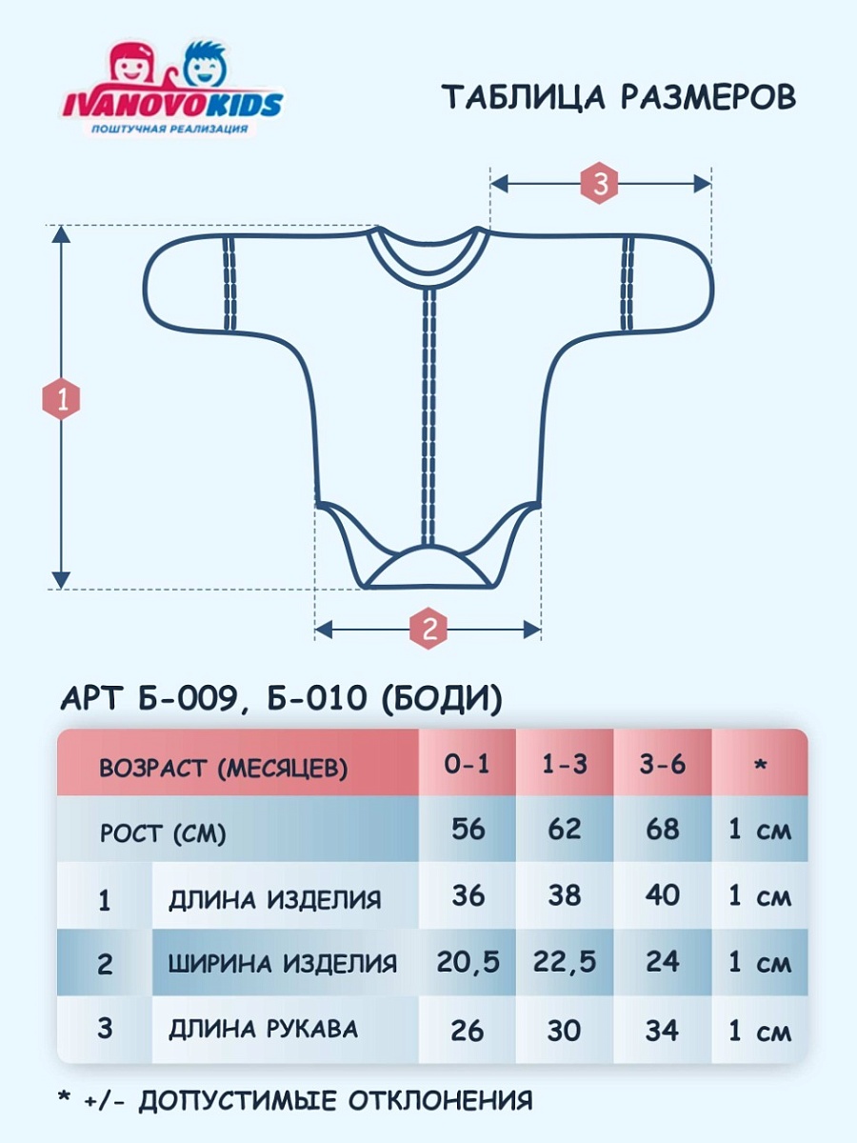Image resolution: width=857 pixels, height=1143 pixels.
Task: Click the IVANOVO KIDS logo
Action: pos(172,89)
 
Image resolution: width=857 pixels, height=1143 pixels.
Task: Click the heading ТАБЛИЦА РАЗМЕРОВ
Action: pos(619,97)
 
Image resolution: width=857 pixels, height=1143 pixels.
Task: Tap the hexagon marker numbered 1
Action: pos(62,400)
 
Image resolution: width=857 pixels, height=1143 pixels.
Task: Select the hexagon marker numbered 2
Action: pos(428,629)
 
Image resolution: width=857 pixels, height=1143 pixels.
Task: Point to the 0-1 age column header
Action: pos(468,765)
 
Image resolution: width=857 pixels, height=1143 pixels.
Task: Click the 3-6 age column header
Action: pos(663,765)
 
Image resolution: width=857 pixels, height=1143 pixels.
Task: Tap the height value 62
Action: pos(565,830)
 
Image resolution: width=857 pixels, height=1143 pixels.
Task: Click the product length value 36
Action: pos(468,896)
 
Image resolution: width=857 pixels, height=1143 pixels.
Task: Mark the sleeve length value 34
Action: pos(663,1030)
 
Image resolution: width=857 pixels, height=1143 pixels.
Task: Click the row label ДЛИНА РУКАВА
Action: pos(264,1030)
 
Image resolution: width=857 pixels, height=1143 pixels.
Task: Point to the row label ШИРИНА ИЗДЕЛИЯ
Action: pos(283,963)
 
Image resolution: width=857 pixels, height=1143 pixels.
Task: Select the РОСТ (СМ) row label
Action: pos(163,834)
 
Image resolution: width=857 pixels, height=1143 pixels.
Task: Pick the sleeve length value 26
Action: pos(468,1030)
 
